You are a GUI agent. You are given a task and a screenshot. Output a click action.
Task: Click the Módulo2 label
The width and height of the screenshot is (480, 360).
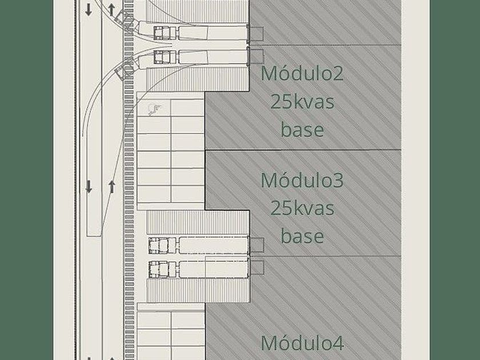click(302, 74)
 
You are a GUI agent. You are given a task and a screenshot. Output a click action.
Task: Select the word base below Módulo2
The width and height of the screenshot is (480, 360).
click(302, 129)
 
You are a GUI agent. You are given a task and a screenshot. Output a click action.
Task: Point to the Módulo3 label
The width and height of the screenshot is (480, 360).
click(302, 180)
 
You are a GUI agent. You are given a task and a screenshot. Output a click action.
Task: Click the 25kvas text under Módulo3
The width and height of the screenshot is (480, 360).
click(302, 208)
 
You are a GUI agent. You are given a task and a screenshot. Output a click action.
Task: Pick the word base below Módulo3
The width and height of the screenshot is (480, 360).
click(302, 235)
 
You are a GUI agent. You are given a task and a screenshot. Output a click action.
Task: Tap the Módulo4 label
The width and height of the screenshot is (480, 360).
click(302, 343)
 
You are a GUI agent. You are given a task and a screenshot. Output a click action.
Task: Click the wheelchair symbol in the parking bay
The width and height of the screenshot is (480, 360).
click(154, 108)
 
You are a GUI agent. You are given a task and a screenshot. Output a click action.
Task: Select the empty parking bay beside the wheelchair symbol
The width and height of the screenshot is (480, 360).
click(188, 108)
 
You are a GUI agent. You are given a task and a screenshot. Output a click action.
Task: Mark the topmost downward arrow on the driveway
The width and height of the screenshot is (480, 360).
click(89, 10)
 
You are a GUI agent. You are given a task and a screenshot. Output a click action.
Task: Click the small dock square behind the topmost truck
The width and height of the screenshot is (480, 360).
click(257, 33)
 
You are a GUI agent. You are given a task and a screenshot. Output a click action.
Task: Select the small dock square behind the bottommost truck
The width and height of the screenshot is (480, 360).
click(257, 267)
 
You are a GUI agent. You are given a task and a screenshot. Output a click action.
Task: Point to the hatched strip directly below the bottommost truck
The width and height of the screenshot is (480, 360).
click(198, 290)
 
